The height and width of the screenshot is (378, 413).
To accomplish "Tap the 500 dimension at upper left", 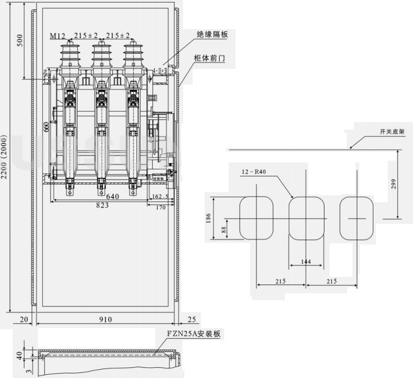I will [x=19, y=40].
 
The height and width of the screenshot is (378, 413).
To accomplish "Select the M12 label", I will [x=57, y=35].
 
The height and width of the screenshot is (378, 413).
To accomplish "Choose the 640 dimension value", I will [x=112, y=196].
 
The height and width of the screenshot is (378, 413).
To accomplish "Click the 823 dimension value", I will [x=102, y=205].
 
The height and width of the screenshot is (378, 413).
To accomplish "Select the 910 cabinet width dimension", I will [x=105, y=319].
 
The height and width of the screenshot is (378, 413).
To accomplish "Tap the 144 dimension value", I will [x=307, y=260].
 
